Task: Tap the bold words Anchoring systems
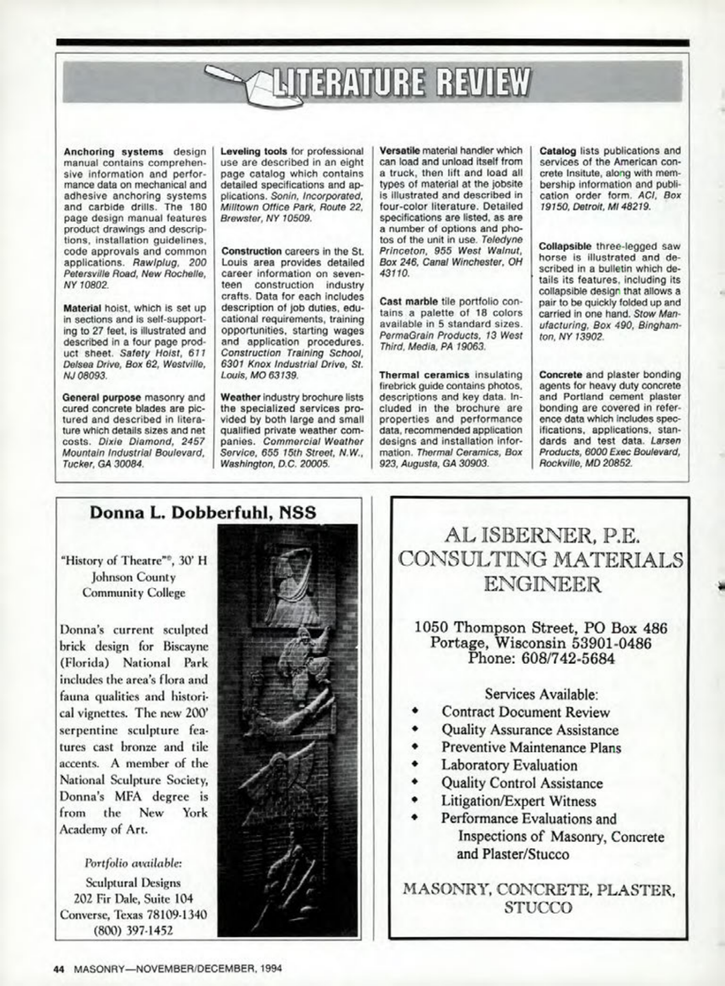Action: tap(113, 151)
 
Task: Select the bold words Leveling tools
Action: tap(254, 151)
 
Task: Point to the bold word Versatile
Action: tap(399, 150)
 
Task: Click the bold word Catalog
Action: tap(557, 150)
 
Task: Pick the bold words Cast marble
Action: tap(408, 301)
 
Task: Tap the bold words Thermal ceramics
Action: tap(424, 375)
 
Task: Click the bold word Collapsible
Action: tap(565, 247)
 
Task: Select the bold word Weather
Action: tap(241, 397)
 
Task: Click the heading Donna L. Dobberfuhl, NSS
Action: tap(203, 512)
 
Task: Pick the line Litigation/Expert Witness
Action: tap(519, 801)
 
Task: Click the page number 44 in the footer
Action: tap(59, 968)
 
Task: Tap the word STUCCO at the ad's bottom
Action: tap(538, 908)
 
